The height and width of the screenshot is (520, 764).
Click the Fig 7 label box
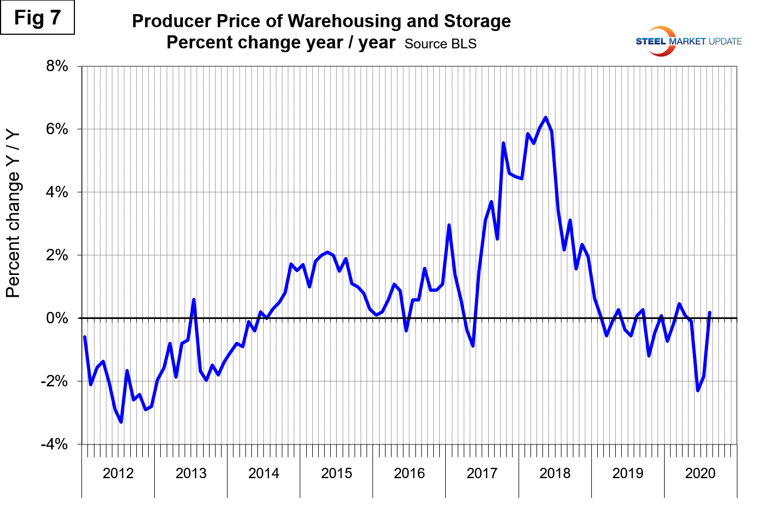point(37,18)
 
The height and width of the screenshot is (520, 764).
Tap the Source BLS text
point(440,44)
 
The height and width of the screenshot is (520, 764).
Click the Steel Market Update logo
point(688,41)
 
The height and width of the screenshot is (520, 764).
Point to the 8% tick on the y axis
point(57,66)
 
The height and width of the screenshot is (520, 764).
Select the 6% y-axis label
point(57,129)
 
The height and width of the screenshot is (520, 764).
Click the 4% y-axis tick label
point(57,192)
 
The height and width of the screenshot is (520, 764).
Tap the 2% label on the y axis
point(57,255)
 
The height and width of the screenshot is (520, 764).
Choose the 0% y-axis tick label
point(57,318)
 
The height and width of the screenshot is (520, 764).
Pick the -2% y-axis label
point(54,381)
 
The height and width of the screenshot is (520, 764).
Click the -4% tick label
point(54,444)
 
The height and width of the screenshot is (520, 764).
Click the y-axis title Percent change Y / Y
point(13,214)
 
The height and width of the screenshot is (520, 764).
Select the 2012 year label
point(118,473)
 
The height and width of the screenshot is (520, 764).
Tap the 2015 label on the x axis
point(336,473)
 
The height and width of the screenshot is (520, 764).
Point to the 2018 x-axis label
point(554,473)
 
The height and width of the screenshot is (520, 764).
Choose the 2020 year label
point(700,473)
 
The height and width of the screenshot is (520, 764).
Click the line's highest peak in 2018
point(546,117)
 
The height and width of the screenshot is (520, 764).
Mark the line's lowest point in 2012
point(121,422)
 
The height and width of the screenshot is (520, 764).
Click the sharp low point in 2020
point(698,390)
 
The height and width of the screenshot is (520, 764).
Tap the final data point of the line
point(710,312)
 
